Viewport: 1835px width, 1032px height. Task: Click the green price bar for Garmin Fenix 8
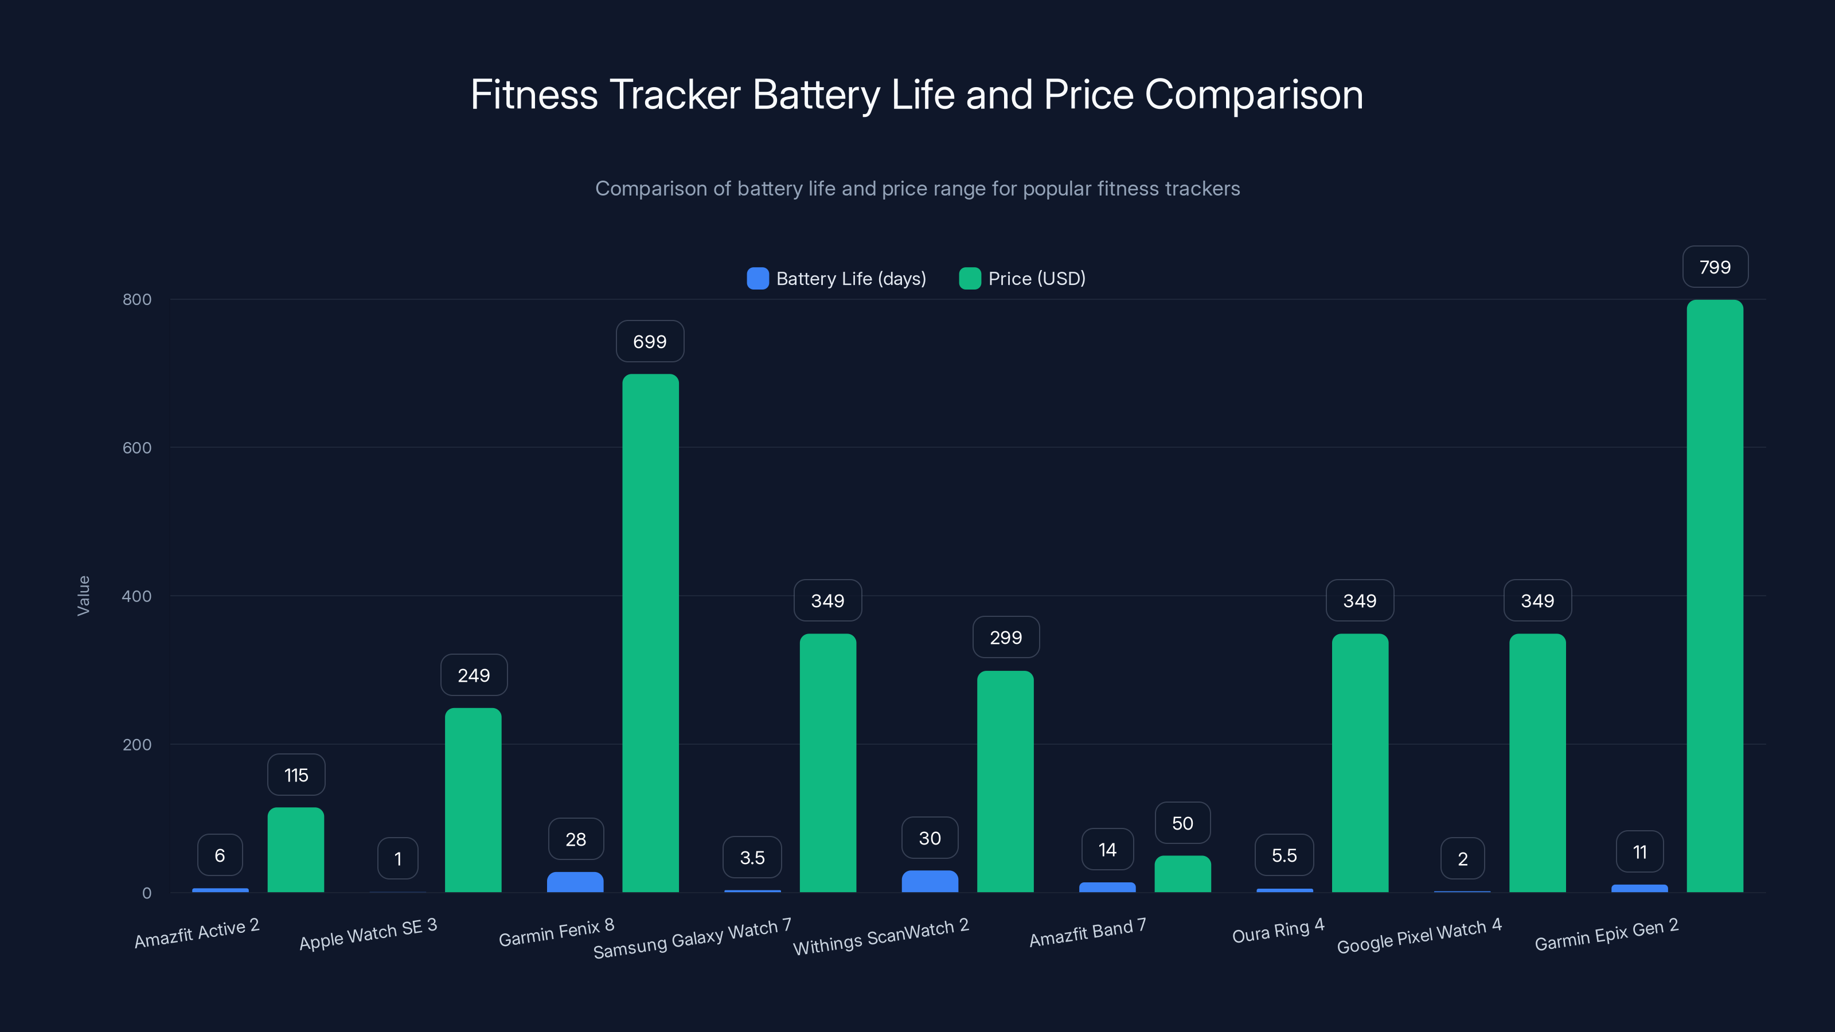pos(650,634)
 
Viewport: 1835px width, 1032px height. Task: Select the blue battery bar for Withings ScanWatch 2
pos(930,882)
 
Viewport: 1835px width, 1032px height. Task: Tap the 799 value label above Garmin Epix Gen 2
pos(1715,267)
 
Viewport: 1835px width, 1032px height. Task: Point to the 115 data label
pos(296,775)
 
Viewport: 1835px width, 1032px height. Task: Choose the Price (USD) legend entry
pos(1022,279)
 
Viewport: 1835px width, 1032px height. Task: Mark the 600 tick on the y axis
pos(137,448)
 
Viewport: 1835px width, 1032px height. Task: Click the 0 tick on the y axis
pos(147,893)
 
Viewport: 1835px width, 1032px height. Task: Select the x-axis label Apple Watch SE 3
pos(368,935)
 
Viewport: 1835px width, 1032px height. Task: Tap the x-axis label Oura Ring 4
pos(1278,931)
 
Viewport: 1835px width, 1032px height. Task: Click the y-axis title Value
pos(83,596)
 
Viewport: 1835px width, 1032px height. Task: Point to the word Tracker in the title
pos(674,95)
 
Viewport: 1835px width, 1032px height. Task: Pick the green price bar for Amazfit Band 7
pos(1182,874)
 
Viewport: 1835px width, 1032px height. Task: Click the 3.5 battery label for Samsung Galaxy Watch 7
pos(752,858)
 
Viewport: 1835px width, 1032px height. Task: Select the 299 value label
pos(1006,638)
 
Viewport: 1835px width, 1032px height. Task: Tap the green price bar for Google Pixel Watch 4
pos(1537,764)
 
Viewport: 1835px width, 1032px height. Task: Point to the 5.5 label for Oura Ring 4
pos(1284,855)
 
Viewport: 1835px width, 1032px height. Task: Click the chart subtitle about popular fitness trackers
pos(918,189)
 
